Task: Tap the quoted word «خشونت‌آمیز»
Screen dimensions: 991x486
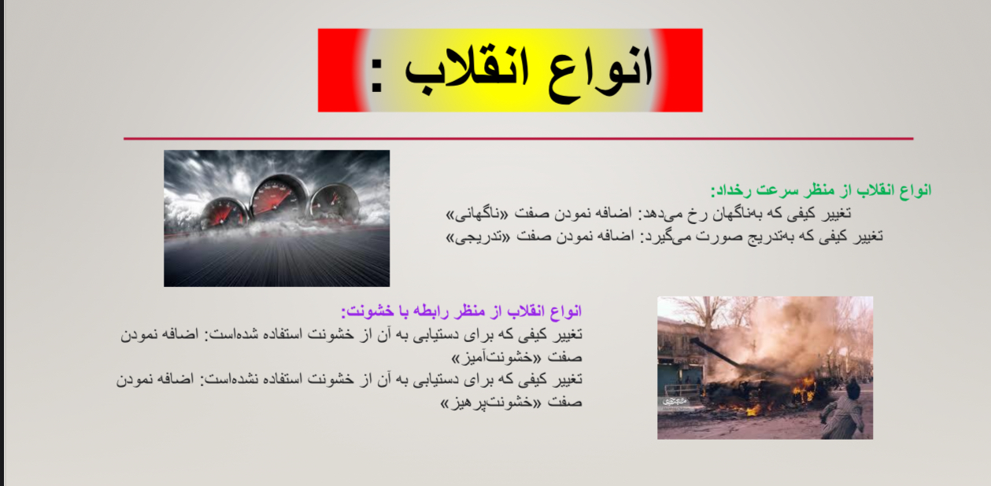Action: coord(496,358)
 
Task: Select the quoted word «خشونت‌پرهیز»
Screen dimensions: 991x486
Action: coord(490,403)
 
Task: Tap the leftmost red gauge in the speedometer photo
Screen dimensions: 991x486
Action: coord(224,213)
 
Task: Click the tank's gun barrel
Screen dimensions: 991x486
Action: coord(715,352)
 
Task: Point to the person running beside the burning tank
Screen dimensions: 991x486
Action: coord(843,410)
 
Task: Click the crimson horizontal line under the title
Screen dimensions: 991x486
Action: coord(519,138)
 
